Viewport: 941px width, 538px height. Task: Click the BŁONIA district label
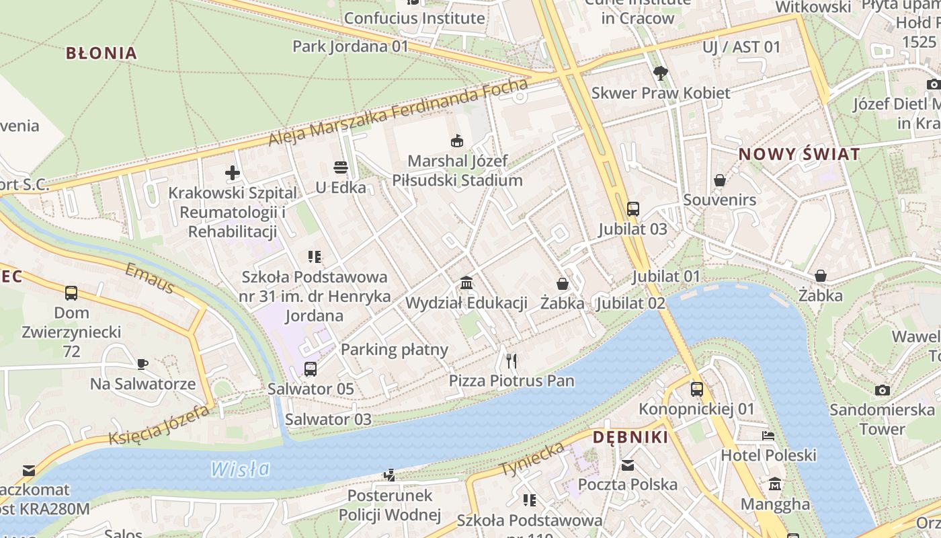coord(101,53)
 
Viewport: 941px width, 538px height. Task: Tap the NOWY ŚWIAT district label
coord(799,154)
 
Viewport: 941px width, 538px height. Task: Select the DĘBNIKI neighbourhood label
coord(630,438)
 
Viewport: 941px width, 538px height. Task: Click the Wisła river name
coord(240,469)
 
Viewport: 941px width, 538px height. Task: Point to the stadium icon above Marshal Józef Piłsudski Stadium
coord(457,141)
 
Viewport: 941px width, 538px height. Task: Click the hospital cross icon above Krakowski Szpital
coord(233,173)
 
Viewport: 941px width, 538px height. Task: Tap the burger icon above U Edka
coord(341,167)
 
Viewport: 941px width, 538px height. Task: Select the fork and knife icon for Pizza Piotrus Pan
coord(512,361)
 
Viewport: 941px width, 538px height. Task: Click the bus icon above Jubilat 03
coord(632,208)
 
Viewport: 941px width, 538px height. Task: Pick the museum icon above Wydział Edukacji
coord(466,282)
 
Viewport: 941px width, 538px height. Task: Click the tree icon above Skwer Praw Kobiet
coord(660,73)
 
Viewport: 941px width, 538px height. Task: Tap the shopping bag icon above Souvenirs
coord(720,180)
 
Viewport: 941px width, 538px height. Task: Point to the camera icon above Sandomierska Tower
coord(882,390)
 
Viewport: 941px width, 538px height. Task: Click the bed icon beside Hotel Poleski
coord(768,436)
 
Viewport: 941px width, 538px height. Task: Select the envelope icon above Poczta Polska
coord(627,465)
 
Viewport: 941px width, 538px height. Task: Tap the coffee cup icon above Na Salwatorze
coord(142,364)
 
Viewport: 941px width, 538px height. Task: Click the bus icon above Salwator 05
coord(310,369)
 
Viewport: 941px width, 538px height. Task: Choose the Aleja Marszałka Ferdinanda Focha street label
coord(398,112)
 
